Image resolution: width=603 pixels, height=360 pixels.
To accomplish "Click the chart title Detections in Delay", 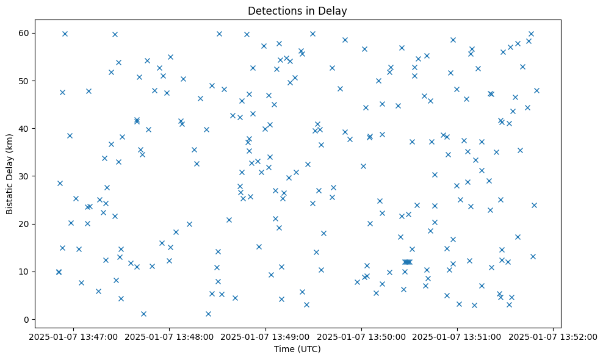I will click(x=297, y=10).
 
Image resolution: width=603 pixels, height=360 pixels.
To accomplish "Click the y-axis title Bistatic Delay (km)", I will click(x=10, y=173).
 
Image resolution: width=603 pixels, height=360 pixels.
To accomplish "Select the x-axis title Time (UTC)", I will click(x=297, y=349).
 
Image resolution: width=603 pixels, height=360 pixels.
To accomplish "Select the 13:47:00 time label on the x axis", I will click(x=73, y=336).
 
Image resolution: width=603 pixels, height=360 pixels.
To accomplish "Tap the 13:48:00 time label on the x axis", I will click(x=170, y=336).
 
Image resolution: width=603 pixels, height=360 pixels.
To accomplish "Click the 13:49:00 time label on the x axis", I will click(x=265, y=336).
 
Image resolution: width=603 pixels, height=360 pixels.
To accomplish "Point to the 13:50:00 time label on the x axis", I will click(x=361, y=336).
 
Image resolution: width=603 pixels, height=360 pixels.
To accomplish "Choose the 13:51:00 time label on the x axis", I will click(x=457, y=336).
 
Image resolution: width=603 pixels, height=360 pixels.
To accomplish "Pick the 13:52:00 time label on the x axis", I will click(x=553, y=336).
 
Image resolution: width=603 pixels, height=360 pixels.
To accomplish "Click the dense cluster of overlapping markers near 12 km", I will click(x=407, y=262).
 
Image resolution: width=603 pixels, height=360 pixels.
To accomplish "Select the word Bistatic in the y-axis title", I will click(x=10, y=194).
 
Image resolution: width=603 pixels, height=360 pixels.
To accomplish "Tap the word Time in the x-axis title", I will click(x=284, y=349).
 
